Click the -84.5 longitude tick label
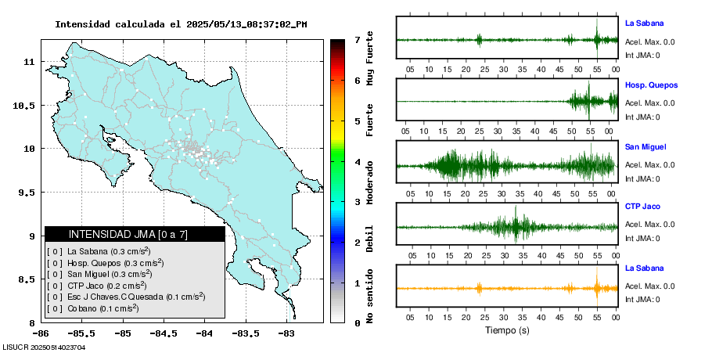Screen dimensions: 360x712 point(163,333)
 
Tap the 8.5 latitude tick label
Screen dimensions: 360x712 point(27,279)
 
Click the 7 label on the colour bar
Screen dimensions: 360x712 point(357,39)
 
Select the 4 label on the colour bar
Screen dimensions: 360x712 point(357,162)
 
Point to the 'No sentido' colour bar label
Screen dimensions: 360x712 point(370,297)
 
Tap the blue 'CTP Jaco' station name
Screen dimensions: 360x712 point(643,208)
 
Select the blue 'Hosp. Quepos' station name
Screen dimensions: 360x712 point(652,85)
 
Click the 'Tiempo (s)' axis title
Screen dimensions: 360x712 point(507,330)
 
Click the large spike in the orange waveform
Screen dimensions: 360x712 point(596,287)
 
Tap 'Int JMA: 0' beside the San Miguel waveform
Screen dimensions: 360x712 point(642,178)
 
